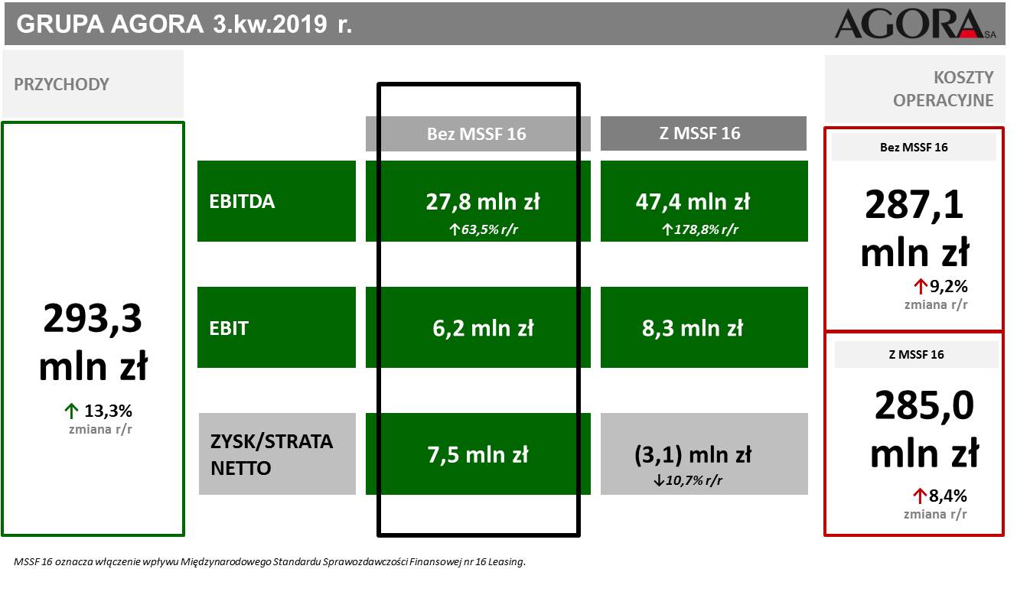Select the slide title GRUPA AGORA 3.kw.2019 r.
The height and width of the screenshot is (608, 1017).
184,24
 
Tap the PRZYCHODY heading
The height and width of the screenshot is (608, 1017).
61,84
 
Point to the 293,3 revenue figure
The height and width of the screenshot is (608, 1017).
93,318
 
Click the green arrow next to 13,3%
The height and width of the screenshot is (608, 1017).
71,411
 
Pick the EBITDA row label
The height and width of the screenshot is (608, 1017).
242,201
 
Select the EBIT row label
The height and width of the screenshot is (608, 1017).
228,328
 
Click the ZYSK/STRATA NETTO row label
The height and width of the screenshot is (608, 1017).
271,454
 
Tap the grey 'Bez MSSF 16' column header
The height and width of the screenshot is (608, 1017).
478,134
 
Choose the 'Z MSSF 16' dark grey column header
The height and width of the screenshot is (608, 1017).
703,133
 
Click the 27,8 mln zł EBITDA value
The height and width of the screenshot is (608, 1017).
483,202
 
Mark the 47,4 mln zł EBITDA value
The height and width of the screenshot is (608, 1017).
693,202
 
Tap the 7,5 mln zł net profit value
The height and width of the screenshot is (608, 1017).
478,455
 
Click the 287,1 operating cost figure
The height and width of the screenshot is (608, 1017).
914,205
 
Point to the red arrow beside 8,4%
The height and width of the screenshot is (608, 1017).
919,496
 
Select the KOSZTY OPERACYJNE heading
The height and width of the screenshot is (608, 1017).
943,89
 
